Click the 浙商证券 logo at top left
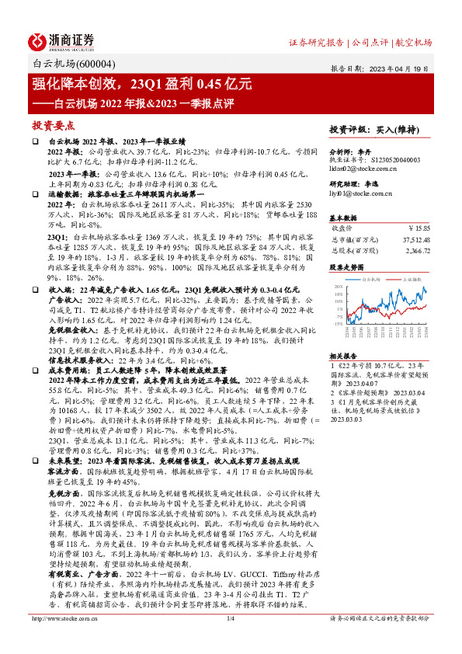pos(61,40)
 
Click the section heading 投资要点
pos(52,124)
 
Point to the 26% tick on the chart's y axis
pos(339,287)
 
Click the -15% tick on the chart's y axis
pos(338,323)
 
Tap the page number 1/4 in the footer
pos(230,640)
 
